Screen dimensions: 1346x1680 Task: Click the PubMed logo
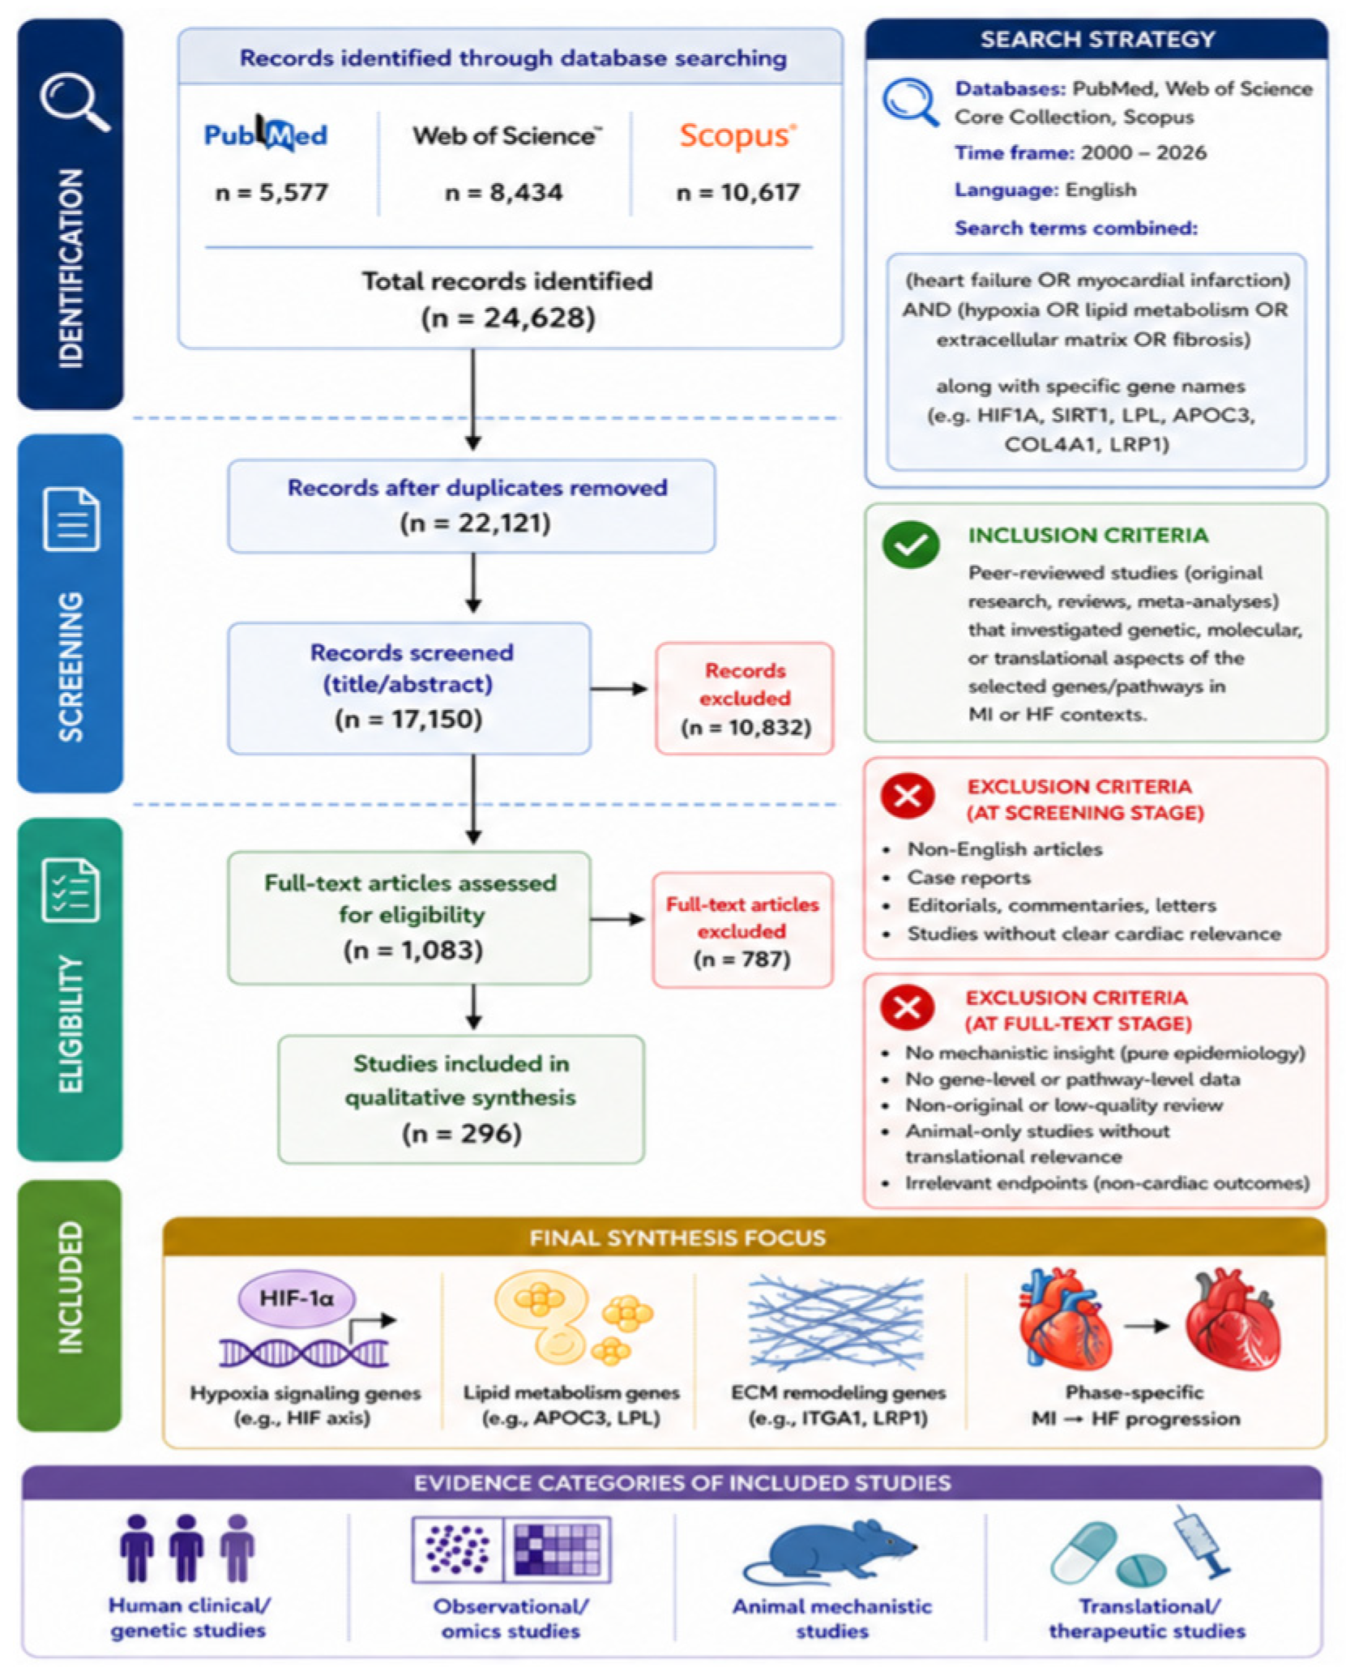tap(265, 133)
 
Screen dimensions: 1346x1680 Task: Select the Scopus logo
tap(737, 135)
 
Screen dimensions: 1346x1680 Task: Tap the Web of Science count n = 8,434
tap(503, 193)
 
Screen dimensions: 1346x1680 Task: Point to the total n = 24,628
tap(508, 318)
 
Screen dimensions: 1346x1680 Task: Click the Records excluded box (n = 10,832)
tap(744, 699)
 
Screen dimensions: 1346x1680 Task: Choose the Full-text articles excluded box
tap(742, 930)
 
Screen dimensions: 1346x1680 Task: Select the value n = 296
tap(461, 1133)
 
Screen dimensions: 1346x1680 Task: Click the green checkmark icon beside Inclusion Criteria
tap(911, 544)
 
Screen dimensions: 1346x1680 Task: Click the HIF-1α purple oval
tap(296, 1297)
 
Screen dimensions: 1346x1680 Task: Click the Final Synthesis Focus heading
tap(677, 1238)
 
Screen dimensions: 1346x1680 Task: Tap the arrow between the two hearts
tap(1147, 1326)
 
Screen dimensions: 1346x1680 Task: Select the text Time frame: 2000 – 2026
tap(1080, 152)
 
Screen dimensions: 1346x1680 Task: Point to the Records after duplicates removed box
tap(471, 506)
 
